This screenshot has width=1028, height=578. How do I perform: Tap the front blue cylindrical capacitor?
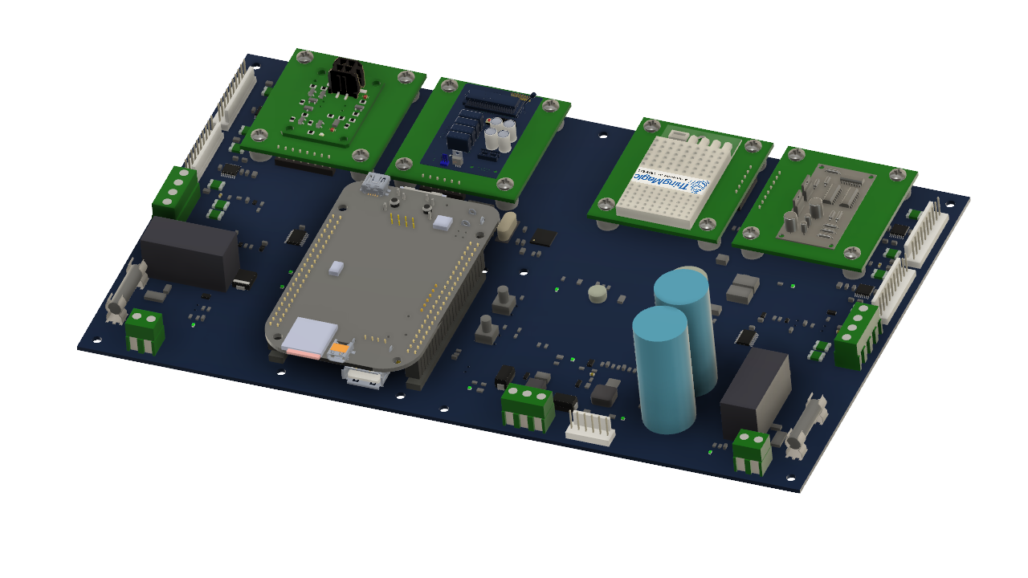tap(663, 369)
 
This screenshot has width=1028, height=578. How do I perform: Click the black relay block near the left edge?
tap(191, 253)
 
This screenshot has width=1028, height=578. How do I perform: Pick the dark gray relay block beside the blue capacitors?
tap(755, 393)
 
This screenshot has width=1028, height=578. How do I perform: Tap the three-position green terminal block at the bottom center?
tap(528, 406)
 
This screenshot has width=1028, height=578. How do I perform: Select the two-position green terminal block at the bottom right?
tap(753, 451)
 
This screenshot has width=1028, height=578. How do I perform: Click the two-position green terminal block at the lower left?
tap(145, 330)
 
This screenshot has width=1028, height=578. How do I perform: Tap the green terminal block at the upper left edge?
tap(175, 193)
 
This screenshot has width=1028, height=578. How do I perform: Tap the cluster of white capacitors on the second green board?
tap(502, 134)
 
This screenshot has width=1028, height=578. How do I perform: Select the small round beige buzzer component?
tap(598, 293)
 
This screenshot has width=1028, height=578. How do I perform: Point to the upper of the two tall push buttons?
tap(504, 299)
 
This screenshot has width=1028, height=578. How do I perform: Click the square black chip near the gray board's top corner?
tap(544, 236)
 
